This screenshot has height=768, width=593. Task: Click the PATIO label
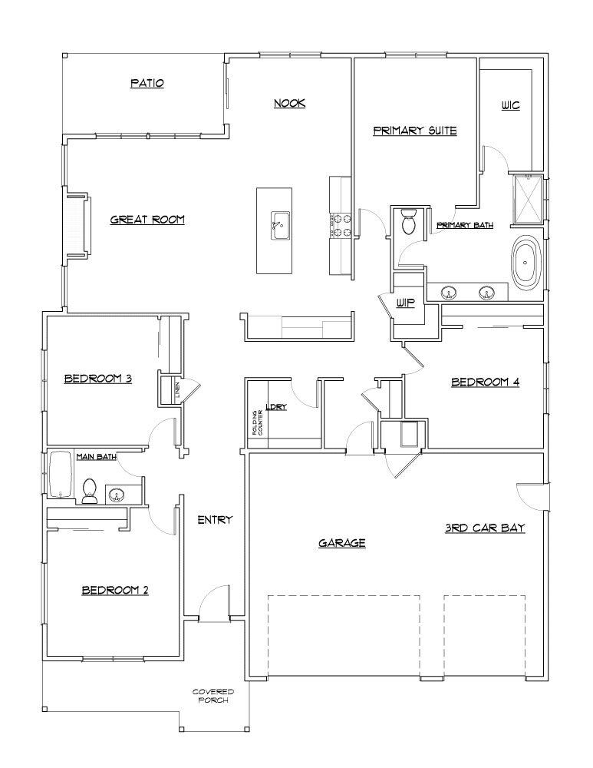pyautogui.click(x=147, y=83)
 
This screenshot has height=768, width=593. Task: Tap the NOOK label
pyautogui.click(x=289, y=102)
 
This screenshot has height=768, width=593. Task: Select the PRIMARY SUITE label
pyautogui.click(x=415, y=131)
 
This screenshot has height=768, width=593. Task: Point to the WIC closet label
pyautogui.click(x=510, y=104)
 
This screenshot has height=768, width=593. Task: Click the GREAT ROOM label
pyautogui.click(x=147, y=220)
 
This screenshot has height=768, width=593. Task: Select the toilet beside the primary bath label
pyautogui.click(x=408, y=223)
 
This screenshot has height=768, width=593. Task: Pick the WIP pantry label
pyautogui.click(x=405, y=303)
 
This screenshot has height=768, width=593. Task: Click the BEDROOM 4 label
pyautogui.click(x=486, y=382)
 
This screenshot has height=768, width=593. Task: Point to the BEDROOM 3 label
pyautogui.click(x=98, y=378)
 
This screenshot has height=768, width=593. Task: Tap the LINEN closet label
pyautogui.click(x=176, y=389)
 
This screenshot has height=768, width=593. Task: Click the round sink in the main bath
pyautogui.click(x=117, y=494)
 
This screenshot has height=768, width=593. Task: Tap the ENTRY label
pyautogui.click(x=215, y=520)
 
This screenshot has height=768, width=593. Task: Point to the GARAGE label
pyautogui.click(x=341, y=543)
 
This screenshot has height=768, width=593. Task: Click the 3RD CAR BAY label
pyautogui.click(x=485, y=528)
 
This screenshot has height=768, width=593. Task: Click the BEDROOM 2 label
pyautogui.click(x=115, y=590)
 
